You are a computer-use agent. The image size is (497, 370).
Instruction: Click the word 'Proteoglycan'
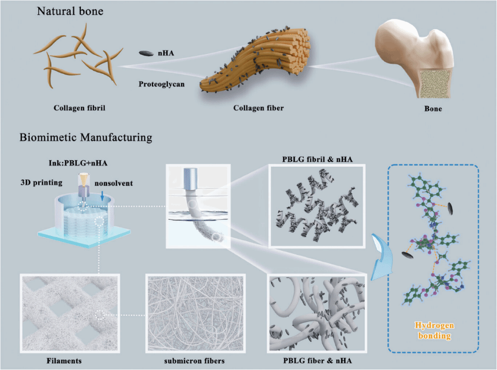tap(163, 85)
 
